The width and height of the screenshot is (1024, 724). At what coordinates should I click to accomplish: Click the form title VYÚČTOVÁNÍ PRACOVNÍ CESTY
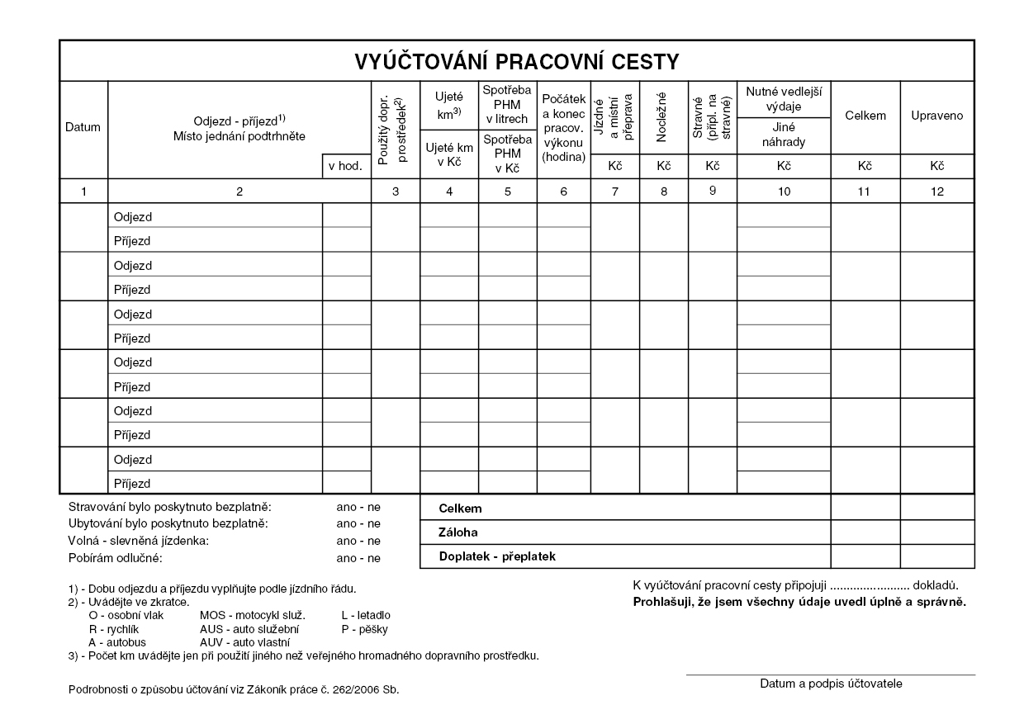517,62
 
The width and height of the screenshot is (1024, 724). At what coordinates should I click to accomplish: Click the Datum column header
83,127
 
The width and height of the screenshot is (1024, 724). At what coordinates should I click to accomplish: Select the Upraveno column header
936,116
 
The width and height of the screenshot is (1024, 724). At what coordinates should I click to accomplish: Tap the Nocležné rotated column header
663,116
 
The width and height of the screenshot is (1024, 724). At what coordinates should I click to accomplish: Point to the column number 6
563,192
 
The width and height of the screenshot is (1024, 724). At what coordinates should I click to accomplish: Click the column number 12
936,192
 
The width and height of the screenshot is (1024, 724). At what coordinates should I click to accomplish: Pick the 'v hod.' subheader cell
345,166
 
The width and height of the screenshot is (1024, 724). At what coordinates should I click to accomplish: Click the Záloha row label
458,532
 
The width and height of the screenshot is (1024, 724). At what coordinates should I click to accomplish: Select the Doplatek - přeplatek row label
497,556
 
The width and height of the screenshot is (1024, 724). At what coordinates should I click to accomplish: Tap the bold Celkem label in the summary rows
461,509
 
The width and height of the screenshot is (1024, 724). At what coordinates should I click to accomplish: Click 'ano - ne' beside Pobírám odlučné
358,558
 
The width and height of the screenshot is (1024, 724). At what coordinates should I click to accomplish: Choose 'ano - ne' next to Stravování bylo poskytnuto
358,506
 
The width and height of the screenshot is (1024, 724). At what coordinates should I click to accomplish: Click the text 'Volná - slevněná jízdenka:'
139,541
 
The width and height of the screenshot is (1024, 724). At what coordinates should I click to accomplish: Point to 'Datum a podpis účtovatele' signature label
831,684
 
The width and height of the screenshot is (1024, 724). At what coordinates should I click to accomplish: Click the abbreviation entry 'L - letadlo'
366,615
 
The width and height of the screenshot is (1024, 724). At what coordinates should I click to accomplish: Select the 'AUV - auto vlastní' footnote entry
244,641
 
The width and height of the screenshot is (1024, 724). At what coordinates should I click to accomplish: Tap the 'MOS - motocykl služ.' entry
253,615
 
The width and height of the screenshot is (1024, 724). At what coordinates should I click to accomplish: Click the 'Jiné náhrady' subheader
784,135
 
